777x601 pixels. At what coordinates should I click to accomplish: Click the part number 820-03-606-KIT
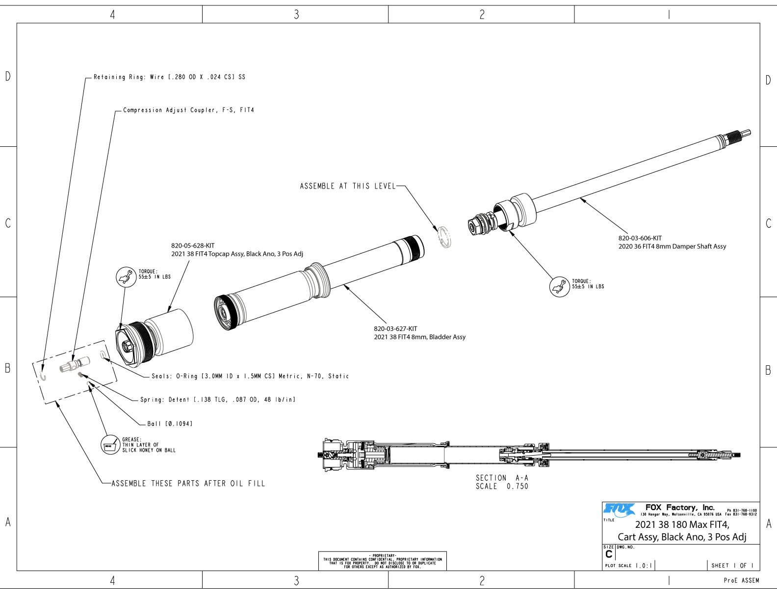[640, 238]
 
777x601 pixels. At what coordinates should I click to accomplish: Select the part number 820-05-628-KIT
[193, 246]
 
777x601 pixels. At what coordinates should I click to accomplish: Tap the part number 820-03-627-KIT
[395, 329]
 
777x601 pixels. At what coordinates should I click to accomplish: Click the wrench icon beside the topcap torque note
[126, 276]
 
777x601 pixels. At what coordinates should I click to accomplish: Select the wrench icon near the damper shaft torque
[559, 287]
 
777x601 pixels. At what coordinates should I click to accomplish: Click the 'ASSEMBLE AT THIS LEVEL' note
[347, 186]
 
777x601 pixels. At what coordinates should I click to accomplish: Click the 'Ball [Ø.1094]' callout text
[170, 424]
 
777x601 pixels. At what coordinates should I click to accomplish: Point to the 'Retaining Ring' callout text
[169, 77]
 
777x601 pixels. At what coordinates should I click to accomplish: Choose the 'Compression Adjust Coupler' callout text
[188, 110]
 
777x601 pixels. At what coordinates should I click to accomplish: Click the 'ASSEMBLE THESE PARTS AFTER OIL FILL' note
[188, 484]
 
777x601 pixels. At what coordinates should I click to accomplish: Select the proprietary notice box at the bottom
[383, 561]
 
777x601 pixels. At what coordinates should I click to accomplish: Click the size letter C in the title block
[609, 554]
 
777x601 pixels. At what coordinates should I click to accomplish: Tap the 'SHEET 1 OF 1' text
[732, 566]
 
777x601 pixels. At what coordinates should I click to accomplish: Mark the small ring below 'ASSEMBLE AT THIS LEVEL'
[445, 238]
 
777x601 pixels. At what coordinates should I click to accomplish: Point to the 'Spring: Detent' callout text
[218, 400]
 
